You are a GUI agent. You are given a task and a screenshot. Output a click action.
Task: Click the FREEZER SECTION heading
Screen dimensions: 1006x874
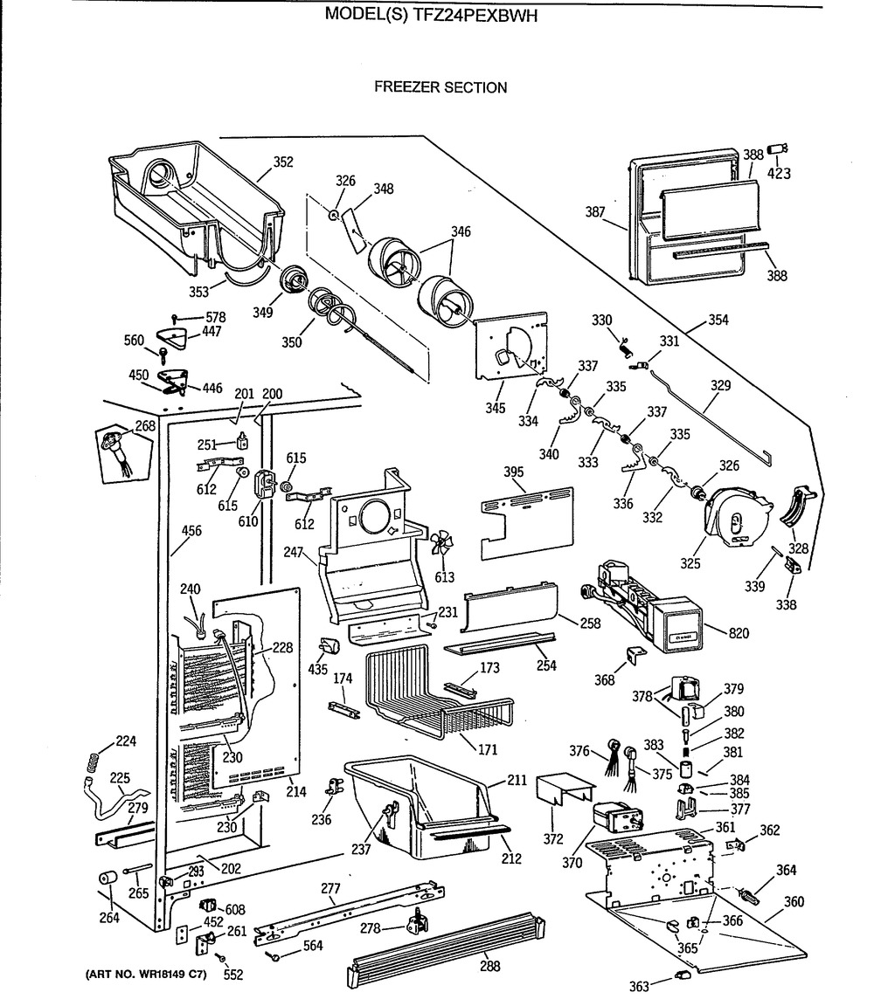[x=440, y=87]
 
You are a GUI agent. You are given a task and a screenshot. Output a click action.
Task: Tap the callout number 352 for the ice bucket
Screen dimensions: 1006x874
[x=282, y=162]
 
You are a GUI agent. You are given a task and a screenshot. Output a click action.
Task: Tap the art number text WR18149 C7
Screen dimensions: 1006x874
[x=156, y=975]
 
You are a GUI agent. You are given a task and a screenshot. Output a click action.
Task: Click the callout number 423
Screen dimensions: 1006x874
[x=779, y=174]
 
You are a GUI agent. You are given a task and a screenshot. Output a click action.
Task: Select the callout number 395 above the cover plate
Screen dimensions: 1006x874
[x=514, y=473]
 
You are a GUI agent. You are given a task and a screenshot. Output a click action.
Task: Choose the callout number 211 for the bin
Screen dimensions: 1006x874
[x=517, y=781]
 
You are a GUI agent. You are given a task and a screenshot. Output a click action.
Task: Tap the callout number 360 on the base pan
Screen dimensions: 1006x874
[x=794, y=902]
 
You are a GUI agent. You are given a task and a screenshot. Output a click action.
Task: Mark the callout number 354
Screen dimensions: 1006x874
[x=718, y=321]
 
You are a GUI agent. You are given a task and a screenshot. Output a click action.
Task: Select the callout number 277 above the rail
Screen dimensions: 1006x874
[x=329, y=889]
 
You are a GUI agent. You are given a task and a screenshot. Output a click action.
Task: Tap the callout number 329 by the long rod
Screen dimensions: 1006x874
[x=721, y=385]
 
